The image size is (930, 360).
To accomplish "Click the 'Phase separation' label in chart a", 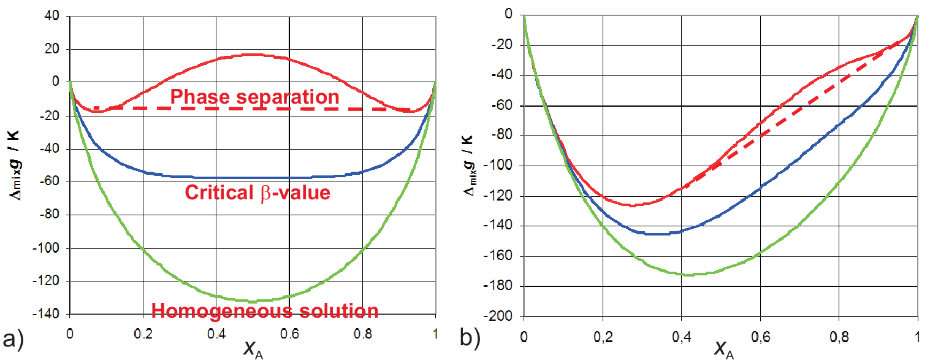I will click(254, 97).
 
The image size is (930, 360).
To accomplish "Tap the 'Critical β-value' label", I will click(257, 193).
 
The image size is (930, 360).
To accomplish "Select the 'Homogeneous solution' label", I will click(264, 311).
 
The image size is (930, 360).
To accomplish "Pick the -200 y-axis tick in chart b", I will click(499, 316).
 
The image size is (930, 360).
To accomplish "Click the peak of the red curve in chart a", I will click(252, 55).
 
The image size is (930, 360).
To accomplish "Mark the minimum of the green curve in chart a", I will click(252, 301).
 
